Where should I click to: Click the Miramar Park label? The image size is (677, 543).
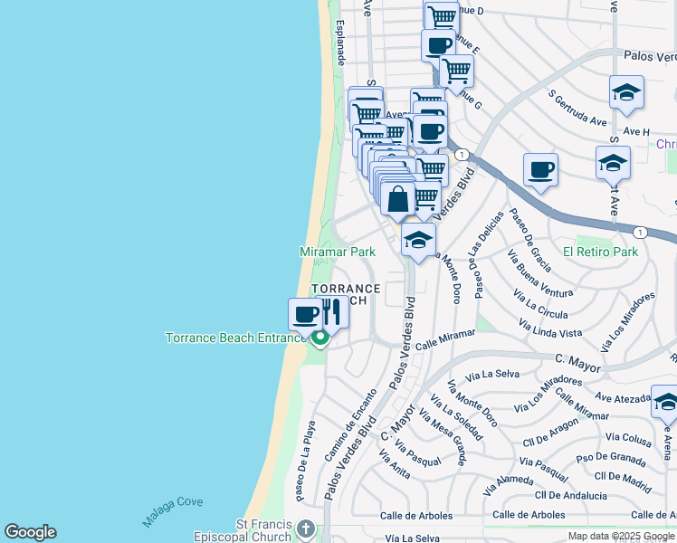pyautogui.click(x=338, y=251)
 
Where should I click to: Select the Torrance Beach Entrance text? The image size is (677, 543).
pyautogui.click(x=236, y=338)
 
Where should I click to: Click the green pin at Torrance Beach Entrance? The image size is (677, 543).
pyautogui.click(x=319, y=339)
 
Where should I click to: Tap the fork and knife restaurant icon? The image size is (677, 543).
pyautogui.click(x=332, y=313)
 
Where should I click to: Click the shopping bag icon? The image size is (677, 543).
pyautogui.click(x=397, y=198)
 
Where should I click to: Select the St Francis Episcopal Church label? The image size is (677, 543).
pyautogui.click(x=264, y=530)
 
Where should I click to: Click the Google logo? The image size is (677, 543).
pyautogui.click(x=30, y=532)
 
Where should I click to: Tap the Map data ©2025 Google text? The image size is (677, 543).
pyautogui.click(x=621, y=536)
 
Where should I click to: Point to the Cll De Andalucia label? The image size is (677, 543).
pyautogui.click(x=571, y=495)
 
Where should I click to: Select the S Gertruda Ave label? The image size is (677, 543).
pyautogui.click(x=577, y=107)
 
